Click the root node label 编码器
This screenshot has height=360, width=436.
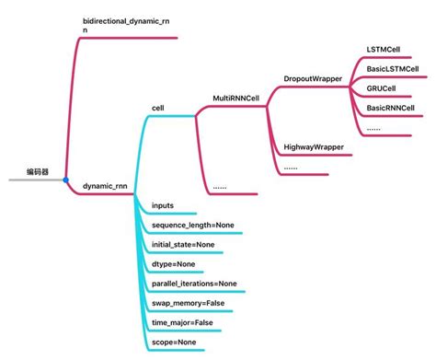pos(39,171)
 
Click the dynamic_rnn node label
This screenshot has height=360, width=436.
pos(104,186)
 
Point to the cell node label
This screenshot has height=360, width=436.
pos(157,108)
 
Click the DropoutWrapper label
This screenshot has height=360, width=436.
pos(313,79)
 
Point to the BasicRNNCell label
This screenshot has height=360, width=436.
pos(392,109)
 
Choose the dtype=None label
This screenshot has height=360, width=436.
pos(173,264)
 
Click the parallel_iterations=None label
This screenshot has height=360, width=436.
pos(193,284)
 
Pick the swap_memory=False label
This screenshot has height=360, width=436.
pos(188,303)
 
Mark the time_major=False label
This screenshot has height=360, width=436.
pos(182,323)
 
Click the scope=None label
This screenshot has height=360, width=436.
pos(173,343)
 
